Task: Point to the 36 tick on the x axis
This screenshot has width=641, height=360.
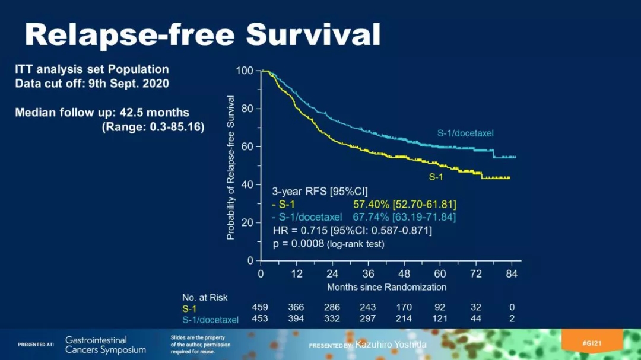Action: click(x=369, y=274)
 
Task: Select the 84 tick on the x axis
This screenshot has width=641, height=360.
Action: click(x=512, y=274)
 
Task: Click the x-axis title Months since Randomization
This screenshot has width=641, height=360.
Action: click(x=386, y=287)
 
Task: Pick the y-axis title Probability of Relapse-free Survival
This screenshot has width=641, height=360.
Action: click(x=231, y=168)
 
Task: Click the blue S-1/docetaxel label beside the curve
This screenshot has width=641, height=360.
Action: click(x=465, y=133)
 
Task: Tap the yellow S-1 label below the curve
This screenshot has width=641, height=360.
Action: click(x=436, y=177)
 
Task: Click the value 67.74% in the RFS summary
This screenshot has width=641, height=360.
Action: click(x=370, y=217)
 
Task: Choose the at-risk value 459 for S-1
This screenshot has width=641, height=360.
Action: click(x=260, y=307)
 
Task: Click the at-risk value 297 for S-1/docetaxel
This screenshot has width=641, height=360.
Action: click(x=368, y=319)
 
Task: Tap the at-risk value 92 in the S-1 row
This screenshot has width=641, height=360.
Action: click(x=440, y=307)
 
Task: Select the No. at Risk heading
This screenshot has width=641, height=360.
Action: click(x=205, y=297)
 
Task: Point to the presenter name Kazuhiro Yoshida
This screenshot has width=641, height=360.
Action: click(x=391, y=345)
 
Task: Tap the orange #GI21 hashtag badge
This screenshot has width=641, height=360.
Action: click(x=592, y=343)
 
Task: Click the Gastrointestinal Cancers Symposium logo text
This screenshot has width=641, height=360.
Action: click(x=105, y=345)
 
